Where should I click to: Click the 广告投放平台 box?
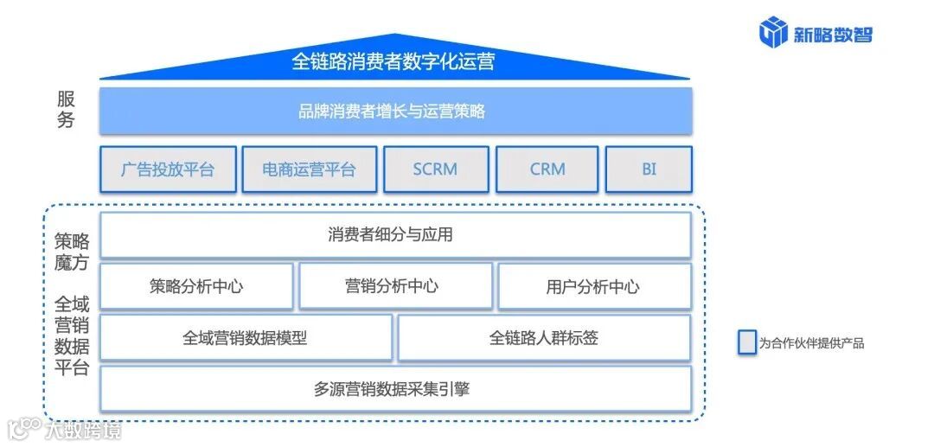point(168,169)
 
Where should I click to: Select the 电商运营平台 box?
point(309,169)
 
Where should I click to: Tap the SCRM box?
point(435,169)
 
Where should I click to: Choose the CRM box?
point(547,169)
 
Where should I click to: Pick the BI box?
point(649,169)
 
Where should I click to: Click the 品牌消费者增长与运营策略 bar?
point(395,112)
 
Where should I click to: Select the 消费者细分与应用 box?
point(395,235)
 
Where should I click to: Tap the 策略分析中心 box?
point(196,287)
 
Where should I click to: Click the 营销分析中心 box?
point(395,286)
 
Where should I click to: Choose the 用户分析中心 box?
point(594,287)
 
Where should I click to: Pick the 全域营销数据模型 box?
point(246,338)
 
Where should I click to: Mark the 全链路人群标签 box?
point(544,338)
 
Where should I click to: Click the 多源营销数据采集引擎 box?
point(395,389)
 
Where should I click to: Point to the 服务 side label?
point(66,111)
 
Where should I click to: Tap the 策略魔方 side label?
point(71,252)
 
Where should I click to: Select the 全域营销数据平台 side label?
point(71,336)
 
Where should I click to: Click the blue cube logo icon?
point(772,32)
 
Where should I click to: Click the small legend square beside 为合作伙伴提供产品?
point(746,342)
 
